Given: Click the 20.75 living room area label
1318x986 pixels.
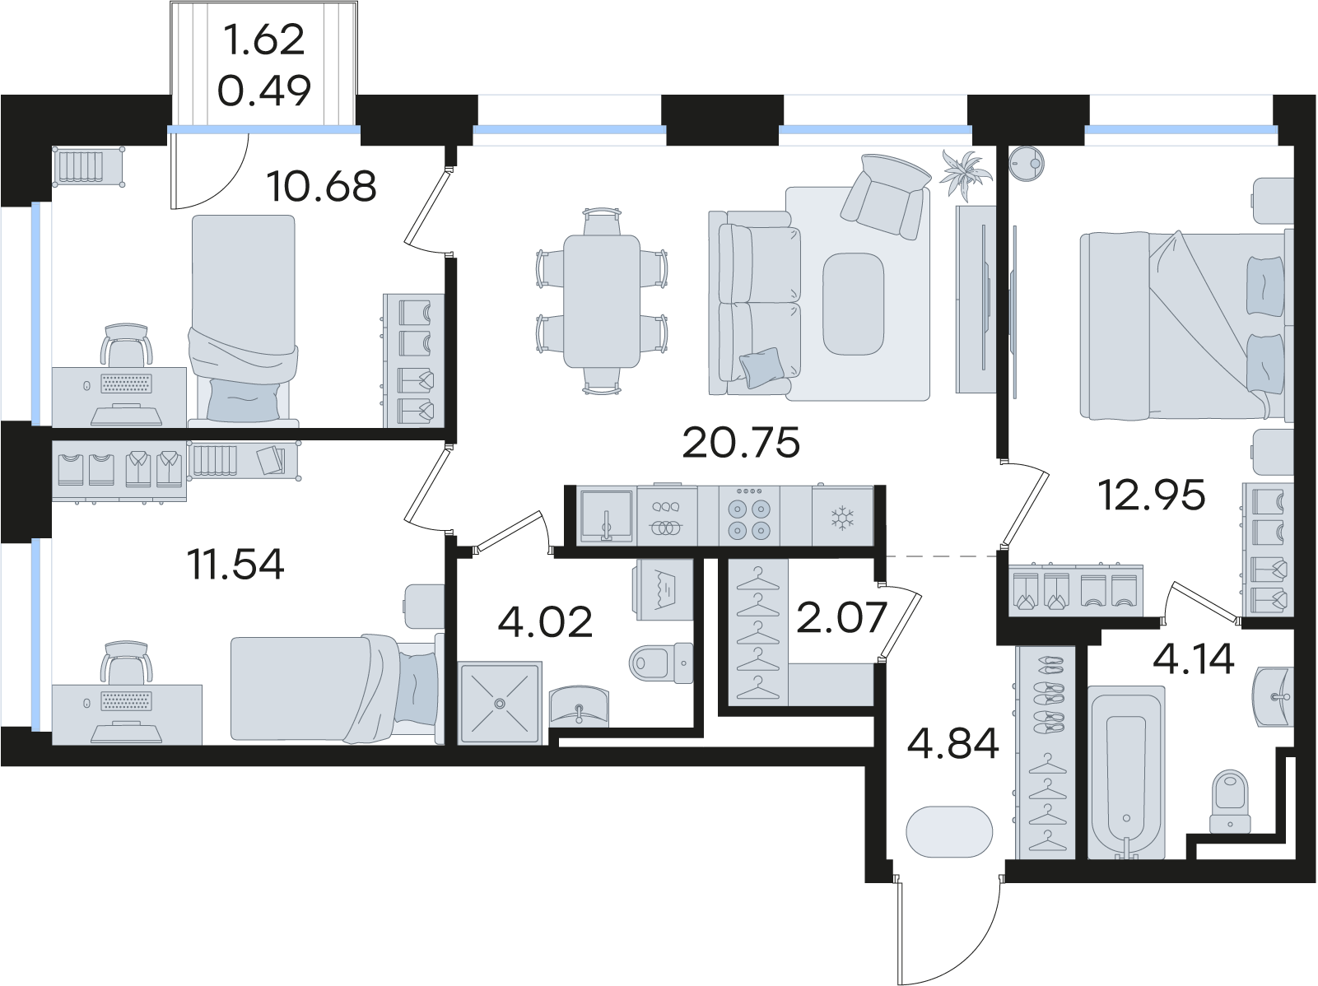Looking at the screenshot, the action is pos(741,443).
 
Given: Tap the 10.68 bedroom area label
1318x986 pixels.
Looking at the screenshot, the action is pos(322,186).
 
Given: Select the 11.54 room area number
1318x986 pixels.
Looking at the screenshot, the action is pos(235,565).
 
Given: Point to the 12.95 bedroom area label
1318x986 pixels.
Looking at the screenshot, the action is pos(1151,495).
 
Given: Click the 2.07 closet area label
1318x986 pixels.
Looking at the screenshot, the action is pos(842,617).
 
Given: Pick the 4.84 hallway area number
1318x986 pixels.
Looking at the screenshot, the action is pos(953,743).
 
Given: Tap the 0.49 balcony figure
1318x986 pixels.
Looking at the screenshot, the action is pos(264,91).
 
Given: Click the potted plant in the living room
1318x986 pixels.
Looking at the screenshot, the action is pos(966,174).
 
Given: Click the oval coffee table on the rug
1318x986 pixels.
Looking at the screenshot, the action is pos(853,304).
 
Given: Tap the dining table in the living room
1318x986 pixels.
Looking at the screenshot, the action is pos(602,301).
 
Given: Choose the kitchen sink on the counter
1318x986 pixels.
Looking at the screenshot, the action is pos(606,516).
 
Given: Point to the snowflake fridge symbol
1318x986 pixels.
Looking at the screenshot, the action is pos(842,518).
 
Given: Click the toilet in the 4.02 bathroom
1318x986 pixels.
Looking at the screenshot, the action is pos(661,663).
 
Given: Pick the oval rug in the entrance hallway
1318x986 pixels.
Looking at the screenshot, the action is pos(949,831).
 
